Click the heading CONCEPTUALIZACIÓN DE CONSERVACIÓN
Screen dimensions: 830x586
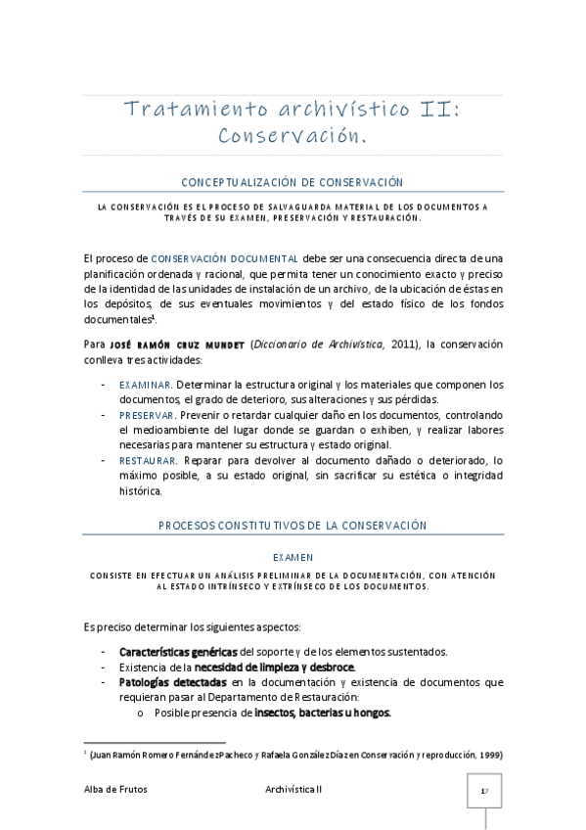click(x=293, y=183)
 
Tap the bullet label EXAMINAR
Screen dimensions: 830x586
click(x=146, y=385)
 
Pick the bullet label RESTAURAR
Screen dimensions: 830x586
click(x=149, y=460)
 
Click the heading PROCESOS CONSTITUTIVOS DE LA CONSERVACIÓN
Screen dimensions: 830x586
click(x=293, y=526)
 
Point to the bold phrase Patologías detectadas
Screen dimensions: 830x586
click(x=173, y=682)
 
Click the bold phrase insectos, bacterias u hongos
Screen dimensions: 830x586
click(x=323, y=713)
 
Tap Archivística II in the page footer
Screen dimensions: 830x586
click(x=293, y=789)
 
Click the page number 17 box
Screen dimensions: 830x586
click(x=483, y=790)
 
